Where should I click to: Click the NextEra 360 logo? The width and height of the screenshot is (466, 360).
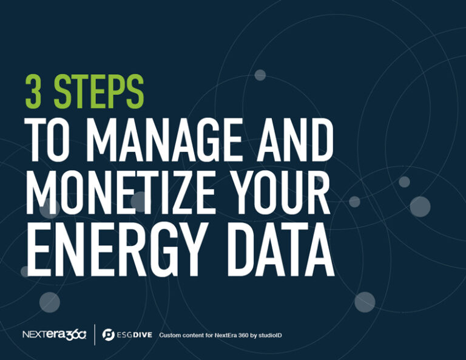pos(55,335)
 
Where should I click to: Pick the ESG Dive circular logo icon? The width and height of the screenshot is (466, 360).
pos(109,335)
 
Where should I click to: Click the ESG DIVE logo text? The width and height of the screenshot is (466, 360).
pos(133,335)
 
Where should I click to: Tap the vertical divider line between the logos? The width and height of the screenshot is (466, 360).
pos(95,335)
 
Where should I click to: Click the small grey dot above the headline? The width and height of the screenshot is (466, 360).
pos(260,75)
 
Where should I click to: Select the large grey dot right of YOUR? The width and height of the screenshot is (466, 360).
pos(420,206)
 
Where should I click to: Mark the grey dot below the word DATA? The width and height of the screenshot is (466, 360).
pos(364,302)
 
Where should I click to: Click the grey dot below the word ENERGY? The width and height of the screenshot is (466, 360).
pos(50,302)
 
